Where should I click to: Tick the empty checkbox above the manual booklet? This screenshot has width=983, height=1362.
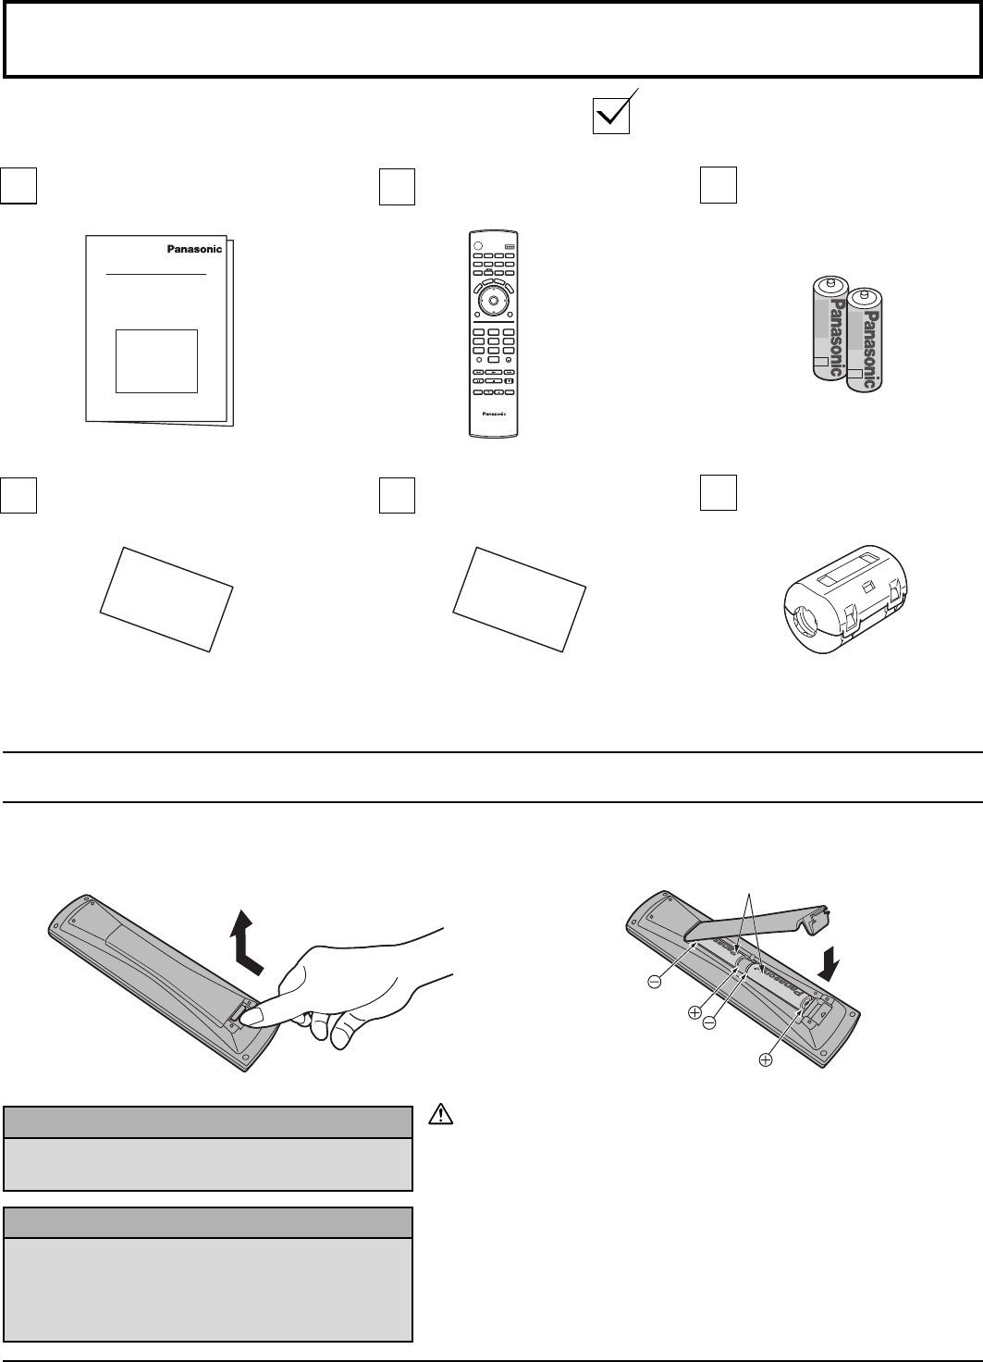pos(18,185)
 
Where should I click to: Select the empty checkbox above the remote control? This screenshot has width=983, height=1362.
pos(397,186)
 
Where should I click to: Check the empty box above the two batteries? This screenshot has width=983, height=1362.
pos(718,184)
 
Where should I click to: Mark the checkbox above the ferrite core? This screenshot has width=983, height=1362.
pos(718,492)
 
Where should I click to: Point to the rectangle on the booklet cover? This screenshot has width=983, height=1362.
pos(156,360)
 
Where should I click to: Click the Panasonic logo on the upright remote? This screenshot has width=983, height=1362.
pos(491,414)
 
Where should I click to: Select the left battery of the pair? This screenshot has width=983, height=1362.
pos(829,328)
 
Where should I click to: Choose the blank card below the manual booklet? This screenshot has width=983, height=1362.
pos(166,600)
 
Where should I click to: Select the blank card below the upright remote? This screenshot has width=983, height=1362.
pos(519,600)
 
